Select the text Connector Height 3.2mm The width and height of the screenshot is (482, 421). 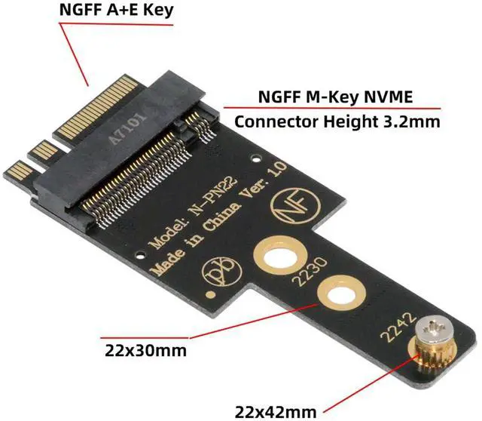pos(337,120)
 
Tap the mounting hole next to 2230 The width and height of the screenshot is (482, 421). pos(337,296)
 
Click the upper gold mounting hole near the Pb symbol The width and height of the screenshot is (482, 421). pos(277,255)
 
